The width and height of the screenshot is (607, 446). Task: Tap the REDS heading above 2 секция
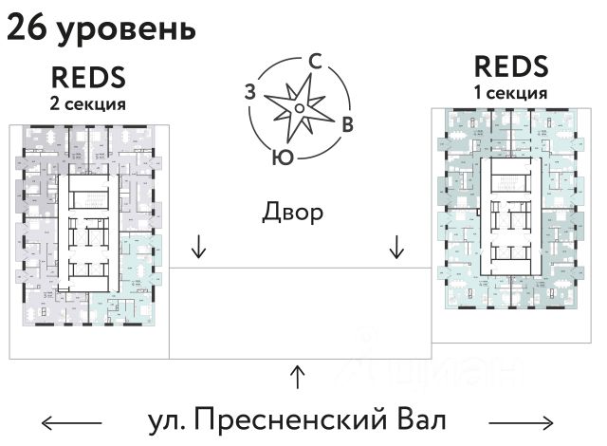pyautogui.click(x=89, y=77)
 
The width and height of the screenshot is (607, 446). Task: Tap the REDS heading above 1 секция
pyautogui.click(x=511, y=67)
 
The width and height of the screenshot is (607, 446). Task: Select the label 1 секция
pyautogui.click(x=511, y=93)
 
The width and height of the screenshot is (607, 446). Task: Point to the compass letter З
pyautogui.click(x=249, y=92)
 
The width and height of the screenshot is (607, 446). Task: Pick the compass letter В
pyautogui.click(x=348, y=123)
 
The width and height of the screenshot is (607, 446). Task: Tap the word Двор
pyautogui.click(x=293, y=212)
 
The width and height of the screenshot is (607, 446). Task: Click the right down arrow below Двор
pyautogui.click(x=396, y=248)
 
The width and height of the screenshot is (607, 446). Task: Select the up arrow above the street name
pyautogui.click(x=298, y=376)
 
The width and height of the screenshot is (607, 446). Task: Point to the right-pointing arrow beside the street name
pyautogui.click(x=521, y=421)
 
